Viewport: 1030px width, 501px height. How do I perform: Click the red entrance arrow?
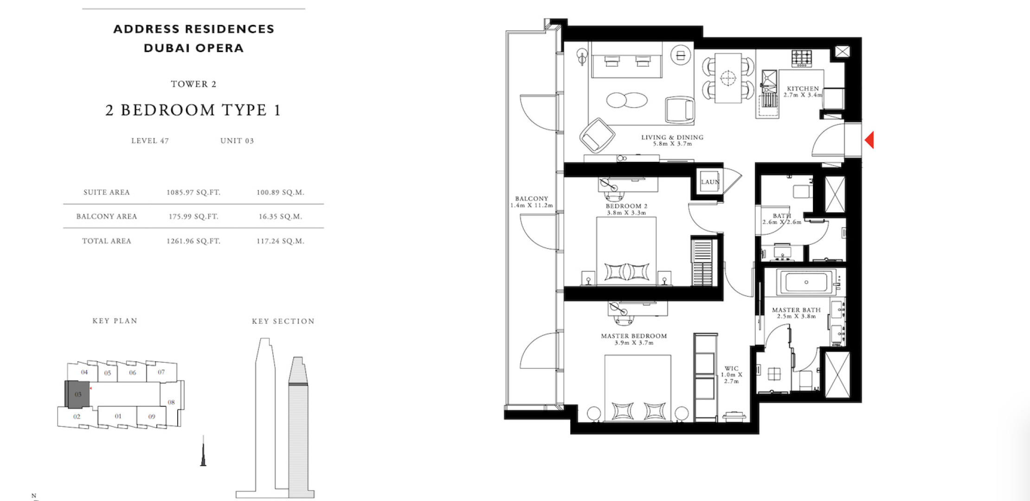click(x=869, y=140)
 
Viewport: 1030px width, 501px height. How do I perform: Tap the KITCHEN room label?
click(x=803, y=89)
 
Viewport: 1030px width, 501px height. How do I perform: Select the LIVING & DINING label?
click(x=672, y=137)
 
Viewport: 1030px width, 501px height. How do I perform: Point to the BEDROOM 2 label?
click(x=626, y=206)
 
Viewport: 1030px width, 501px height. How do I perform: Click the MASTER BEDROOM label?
click(x=634, y=336)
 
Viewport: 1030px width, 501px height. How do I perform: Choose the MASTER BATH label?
click(x=796, y=310)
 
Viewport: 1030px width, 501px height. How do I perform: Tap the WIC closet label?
click(x=731, y=369)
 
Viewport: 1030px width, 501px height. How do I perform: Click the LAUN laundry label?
click(x=710, y=182)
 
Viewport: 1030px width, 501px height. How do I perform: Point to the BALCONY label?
click(x=532, y=199)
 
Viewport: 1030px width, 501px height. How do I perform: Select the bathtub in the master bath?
click(x=806, y=282)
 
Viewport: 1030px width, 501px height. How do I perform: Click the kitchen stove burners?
click(x=802, y=58)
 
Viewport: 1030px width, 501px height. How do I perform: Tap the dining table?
click(x=728, y=78)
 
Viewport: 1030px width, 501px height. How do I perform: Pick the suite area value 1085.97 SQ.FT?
click(x=193, y=193)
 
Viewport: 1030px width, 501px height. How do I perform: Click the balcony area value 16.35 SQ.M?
click(x=280, y=217)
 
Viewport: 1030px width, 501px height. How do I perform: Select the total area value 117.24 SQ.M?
click(x=280, y=241)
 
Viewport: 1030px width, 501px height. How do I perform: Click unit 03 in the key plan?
click(x=77, y=394)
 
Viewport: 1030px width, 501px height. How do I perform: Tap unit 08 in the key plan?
click(x=171, y=402)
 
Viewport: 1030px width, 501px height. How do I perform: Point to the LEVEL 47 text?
click(x=150, y=141)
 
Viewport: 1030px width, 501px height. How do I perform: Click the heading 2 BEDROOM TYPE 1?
click(x=193, y=110)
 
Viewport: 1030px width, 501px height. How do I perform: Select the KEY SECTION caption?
click(x=283, y=321)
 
